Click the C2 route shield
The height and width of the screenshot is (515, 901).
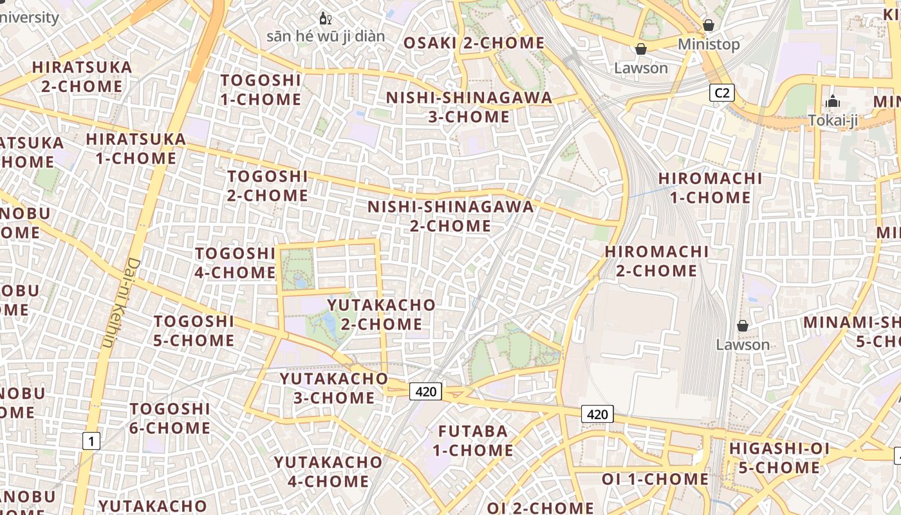(722, 93)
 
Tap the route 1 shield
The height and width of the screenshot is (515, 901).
(91, 441)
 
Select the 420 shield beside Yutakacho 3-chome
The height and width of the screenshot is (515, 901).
(426, 391)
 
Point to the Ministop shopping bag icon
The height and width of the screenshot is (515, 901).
(709, 25)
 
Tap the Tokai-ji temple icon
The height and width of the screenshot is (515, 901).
(833, 102)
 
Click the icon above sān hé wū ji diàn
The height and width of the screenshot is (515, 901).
(326, 18)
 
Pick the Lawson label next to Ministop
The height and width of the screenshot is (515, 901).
(641, 68)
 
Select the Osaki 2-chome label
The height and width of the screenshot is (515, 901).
(474, 43)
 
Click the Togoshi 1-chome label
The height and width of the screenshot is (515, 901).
(261, 89)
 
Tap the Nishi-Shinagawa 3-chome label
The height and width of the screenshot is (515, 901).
(469, 107)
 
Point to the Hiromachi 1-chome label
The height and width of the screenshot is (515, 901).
(711, 187)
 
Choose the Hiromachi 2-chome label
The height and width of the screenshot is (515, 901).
(656, 261)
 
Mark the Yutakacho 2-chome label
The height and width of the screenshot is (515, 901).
(382, 314)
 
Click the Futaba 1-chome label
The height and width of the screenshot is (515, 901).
(473, 440)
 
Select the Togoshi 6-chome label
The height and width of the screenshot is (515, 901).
(170, 418)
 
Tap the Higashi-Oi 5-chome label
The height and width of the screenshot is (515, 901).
(779, 458)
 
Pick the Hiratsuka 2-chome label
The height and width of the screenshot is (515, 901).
(82, 76)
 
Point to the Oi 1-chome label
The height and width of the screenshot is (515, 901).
(655, 479)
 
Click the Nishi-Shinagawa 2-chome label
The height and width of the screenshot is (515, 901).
(450, 216)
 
